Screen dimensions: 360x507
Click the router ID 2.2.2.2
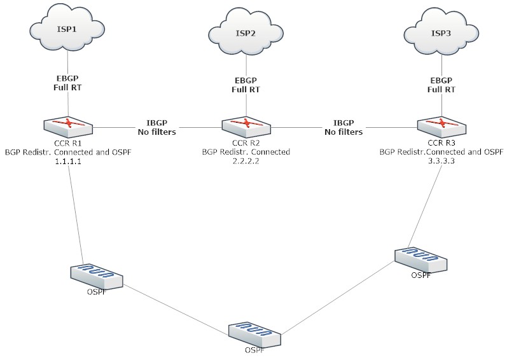click(246, 162)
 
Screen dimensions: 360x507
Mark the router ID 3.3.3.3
click(441, 162)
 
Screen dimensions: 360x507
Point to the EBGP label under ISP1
click(67, 81)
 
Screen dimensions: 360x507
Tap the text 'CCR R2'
click(246, 143)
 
